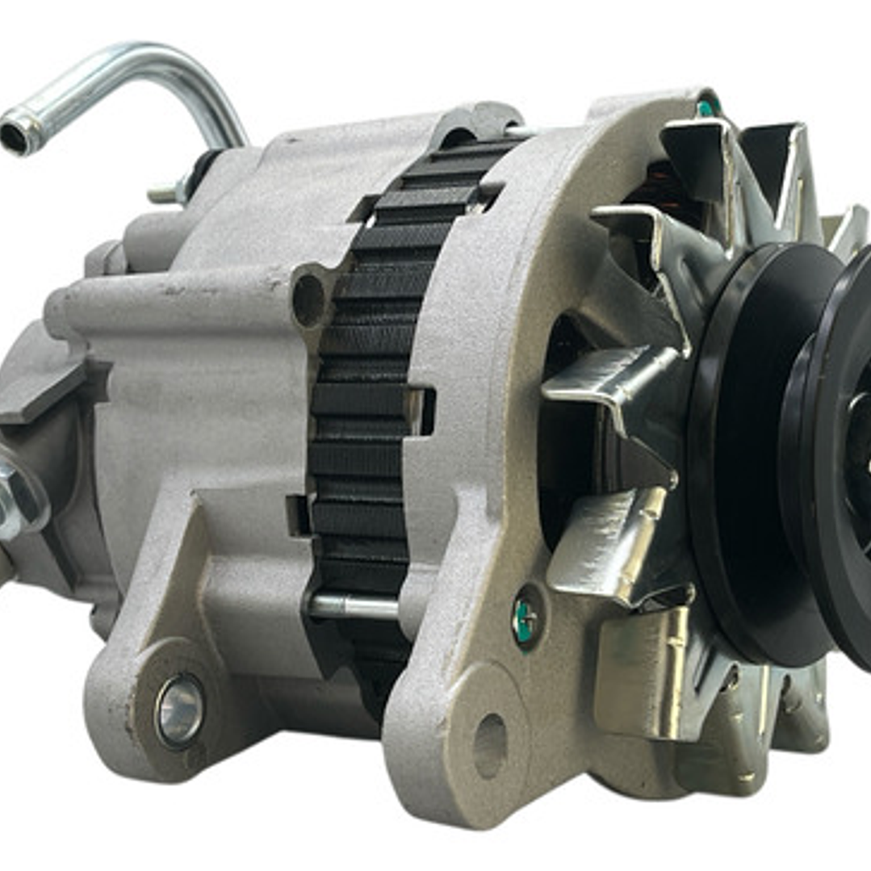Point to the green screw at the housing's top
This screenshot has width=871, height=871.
tap(708, 107)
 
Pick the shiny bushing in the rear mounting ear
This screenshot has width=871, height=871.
tap(179, 710)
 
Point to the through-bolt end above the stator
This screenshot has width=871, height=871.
tap(517, 129)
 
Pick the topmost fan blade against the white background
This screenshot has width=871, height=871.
tap(775, 153)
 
